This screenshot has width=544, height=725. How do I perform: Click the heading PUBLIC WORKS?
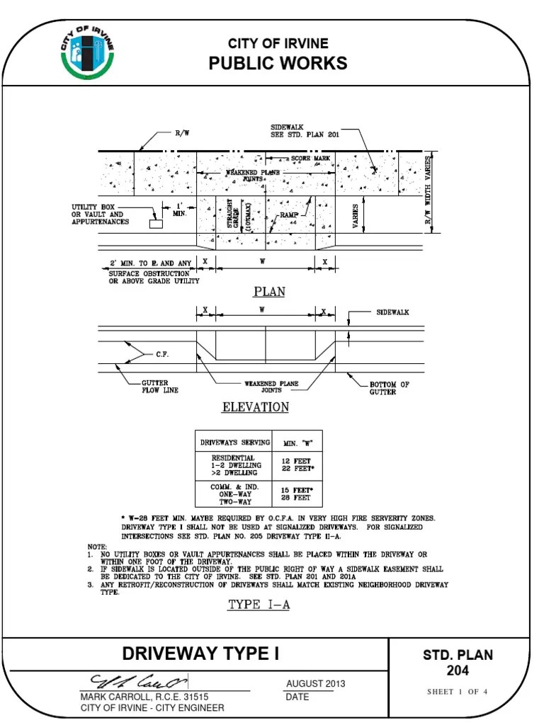(278, 64)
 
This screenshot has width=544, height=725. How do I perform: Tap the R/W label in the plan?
(181, 132)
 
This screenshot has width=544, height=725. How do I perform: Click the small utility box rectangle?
(155, 224)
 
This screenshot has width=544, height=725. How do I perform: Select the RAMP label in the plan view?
(289, 213)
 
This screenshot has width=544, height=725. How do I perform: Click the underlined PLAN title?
(268, 292)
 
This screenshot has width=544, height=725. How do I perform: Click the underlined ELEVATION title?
(256, 407)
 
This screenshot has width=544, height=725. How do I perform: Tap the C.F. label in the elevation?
(162, 355)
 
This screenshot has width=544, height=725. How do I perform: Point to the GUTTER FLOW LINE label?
(158, 386)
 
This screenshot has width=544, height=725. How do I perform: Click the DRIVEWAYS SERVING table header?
(234, 443)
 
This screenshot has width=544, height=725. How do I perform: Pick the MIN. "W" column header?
(298, 443)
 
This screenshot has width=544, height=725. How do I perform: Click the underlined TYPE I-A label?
(259, 605)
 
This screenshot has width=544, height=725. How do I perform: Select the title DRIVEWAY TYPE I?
(200, 653)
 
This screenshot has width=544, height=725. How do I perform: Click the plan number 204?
(457, 670)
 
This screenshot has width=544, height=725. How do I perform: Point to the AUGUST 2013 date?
(315, 683)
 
